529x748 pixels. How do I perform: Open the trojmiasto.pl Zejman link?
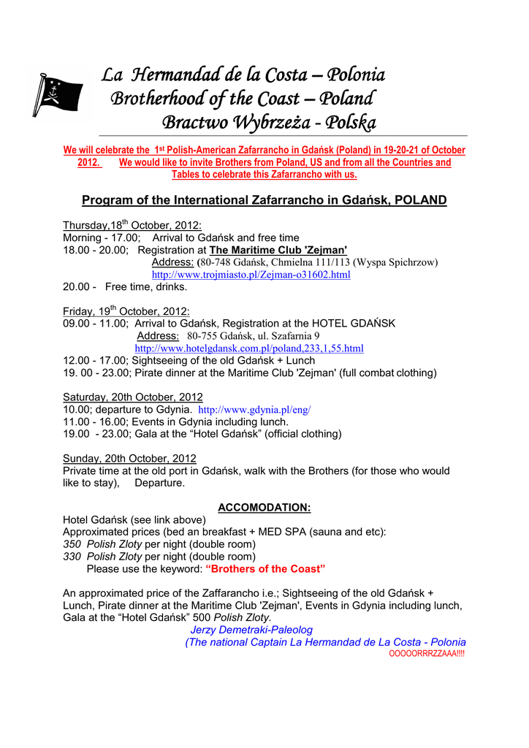tap(251, 275)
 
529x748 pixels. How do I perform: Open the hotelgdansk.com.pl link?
tap(249, 348)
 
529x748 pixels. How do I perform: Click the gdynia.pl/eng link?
tap(254, 410)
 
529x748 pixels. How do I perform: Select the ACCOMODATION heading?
tap(264, 508)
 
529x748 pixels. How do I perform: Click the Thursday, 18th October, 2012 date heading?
tap(132, 225)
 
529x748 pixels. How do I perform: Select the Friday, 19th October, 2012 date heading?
tap(126, 310)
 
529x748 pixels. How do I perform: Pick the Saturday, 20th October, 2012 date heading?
tap(133, 397)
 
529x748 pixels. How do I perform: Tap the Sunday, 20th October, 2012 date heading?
tap(129, 459)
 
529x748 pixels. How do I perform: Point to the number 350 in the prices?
tap(72, 544)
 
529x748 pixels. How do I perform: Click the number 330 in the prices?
tap(72, 557)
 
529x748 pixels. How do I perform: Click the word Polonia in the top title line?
tap(356, 75)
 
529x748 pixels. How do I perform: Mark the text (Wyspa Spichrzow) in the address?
tap(395, 262)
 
